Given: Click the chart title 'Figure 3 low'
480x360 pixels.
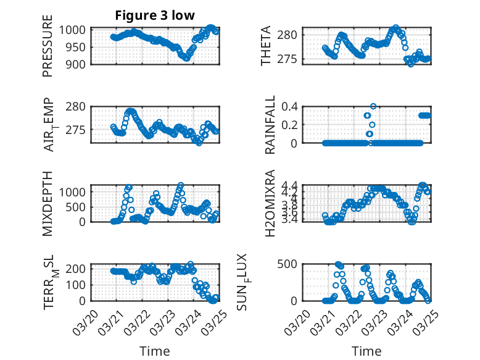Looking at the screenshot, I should pyautogui.click(x=155, y=16).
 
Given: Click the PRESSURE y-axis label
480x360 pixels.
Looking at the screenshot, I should pyautogui.click(x=48, y=46).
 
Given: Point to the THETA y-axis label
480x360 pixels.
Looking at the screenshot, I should pyautogui.click(x=266, y=46).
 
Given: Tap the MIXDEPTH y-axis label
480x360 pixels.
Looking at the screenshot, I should pyautogui.click(x=48, y=204).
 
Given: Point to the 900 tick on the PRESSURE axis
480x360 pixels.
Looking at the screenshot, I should pyautogui.click(x=79, y=64).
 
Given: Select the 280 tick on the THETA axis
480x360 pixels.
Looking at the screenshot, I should pyautogui.click(x=290, y=35).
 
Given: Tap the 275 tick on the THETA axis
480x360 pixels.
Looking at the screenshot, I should pyautogui.click(x=290, y=59).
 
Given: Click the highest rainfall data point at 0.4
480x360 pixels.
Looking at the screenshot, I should pyautogui.click(x=373, y=106).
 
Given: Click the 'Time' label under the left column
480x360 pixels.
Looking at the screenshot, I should pyautogui.click(x=155, y=351).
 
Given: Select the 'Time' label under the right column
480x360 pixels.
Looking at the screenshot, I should pyautogui.click(x=366, y=351).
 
